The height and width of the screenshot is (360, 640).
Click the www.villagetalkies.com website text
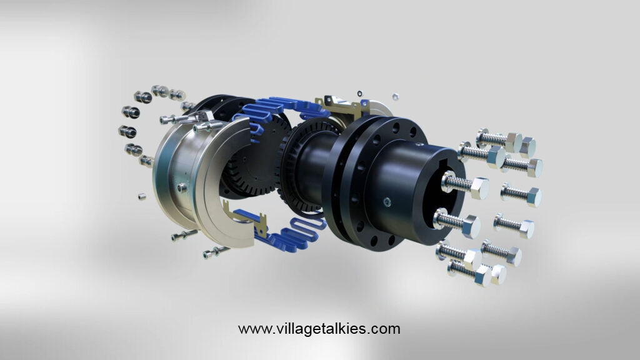coord(319,329)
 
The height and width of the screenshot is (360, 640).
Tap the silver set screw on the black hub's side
coord(387,202)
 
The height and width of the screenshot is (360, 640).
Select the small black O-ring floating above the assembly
coord(359,94)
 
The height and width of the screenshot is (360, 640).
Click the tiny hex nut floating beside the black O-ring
coord(395,97)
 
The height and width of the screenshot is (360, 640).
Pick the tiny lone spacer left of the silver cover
coord(142,197)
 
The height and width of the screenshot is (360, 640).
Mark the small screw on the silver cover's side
coord(182,187)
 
